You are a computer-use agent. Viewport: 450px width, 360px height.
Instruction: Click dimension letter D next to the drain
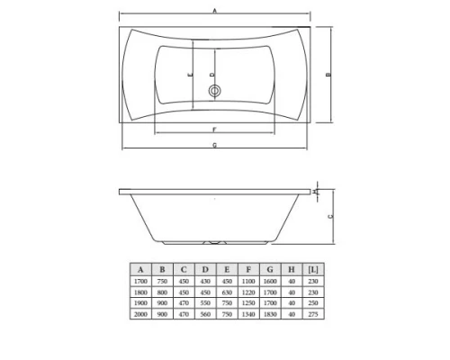point(212,75)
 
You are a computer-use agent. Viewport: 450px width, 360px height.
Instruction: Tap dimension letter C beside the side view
point(330,216)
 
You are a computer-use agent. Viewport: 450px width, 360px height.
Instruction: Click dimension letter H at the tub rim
point(317,190)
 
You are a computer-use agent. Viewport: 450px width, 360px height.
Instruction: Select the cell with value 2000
point(141,316)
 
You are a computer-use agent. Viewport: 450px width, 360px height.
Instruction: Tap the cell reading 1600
point(269,281)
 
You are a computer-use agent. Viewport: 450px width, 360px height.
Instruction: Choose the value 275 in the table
point(311,316)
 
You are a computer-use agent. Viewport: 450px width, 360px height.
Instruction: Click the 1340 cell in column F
point(247,316)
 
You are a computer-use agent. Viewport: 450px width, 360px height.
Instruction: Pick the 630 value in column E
point(226,292)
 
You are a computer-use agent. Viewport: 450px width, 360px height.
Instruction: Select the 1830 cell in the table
point(269,316)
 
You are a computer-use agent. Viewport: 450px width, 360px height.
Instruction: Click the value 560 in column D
point(205,316)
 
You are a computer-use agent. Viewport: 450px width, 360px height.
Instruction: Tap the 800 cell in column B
point(163,292)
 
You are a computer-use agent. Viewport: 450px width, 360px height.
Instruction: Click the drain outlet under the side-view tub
point(216,242)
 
